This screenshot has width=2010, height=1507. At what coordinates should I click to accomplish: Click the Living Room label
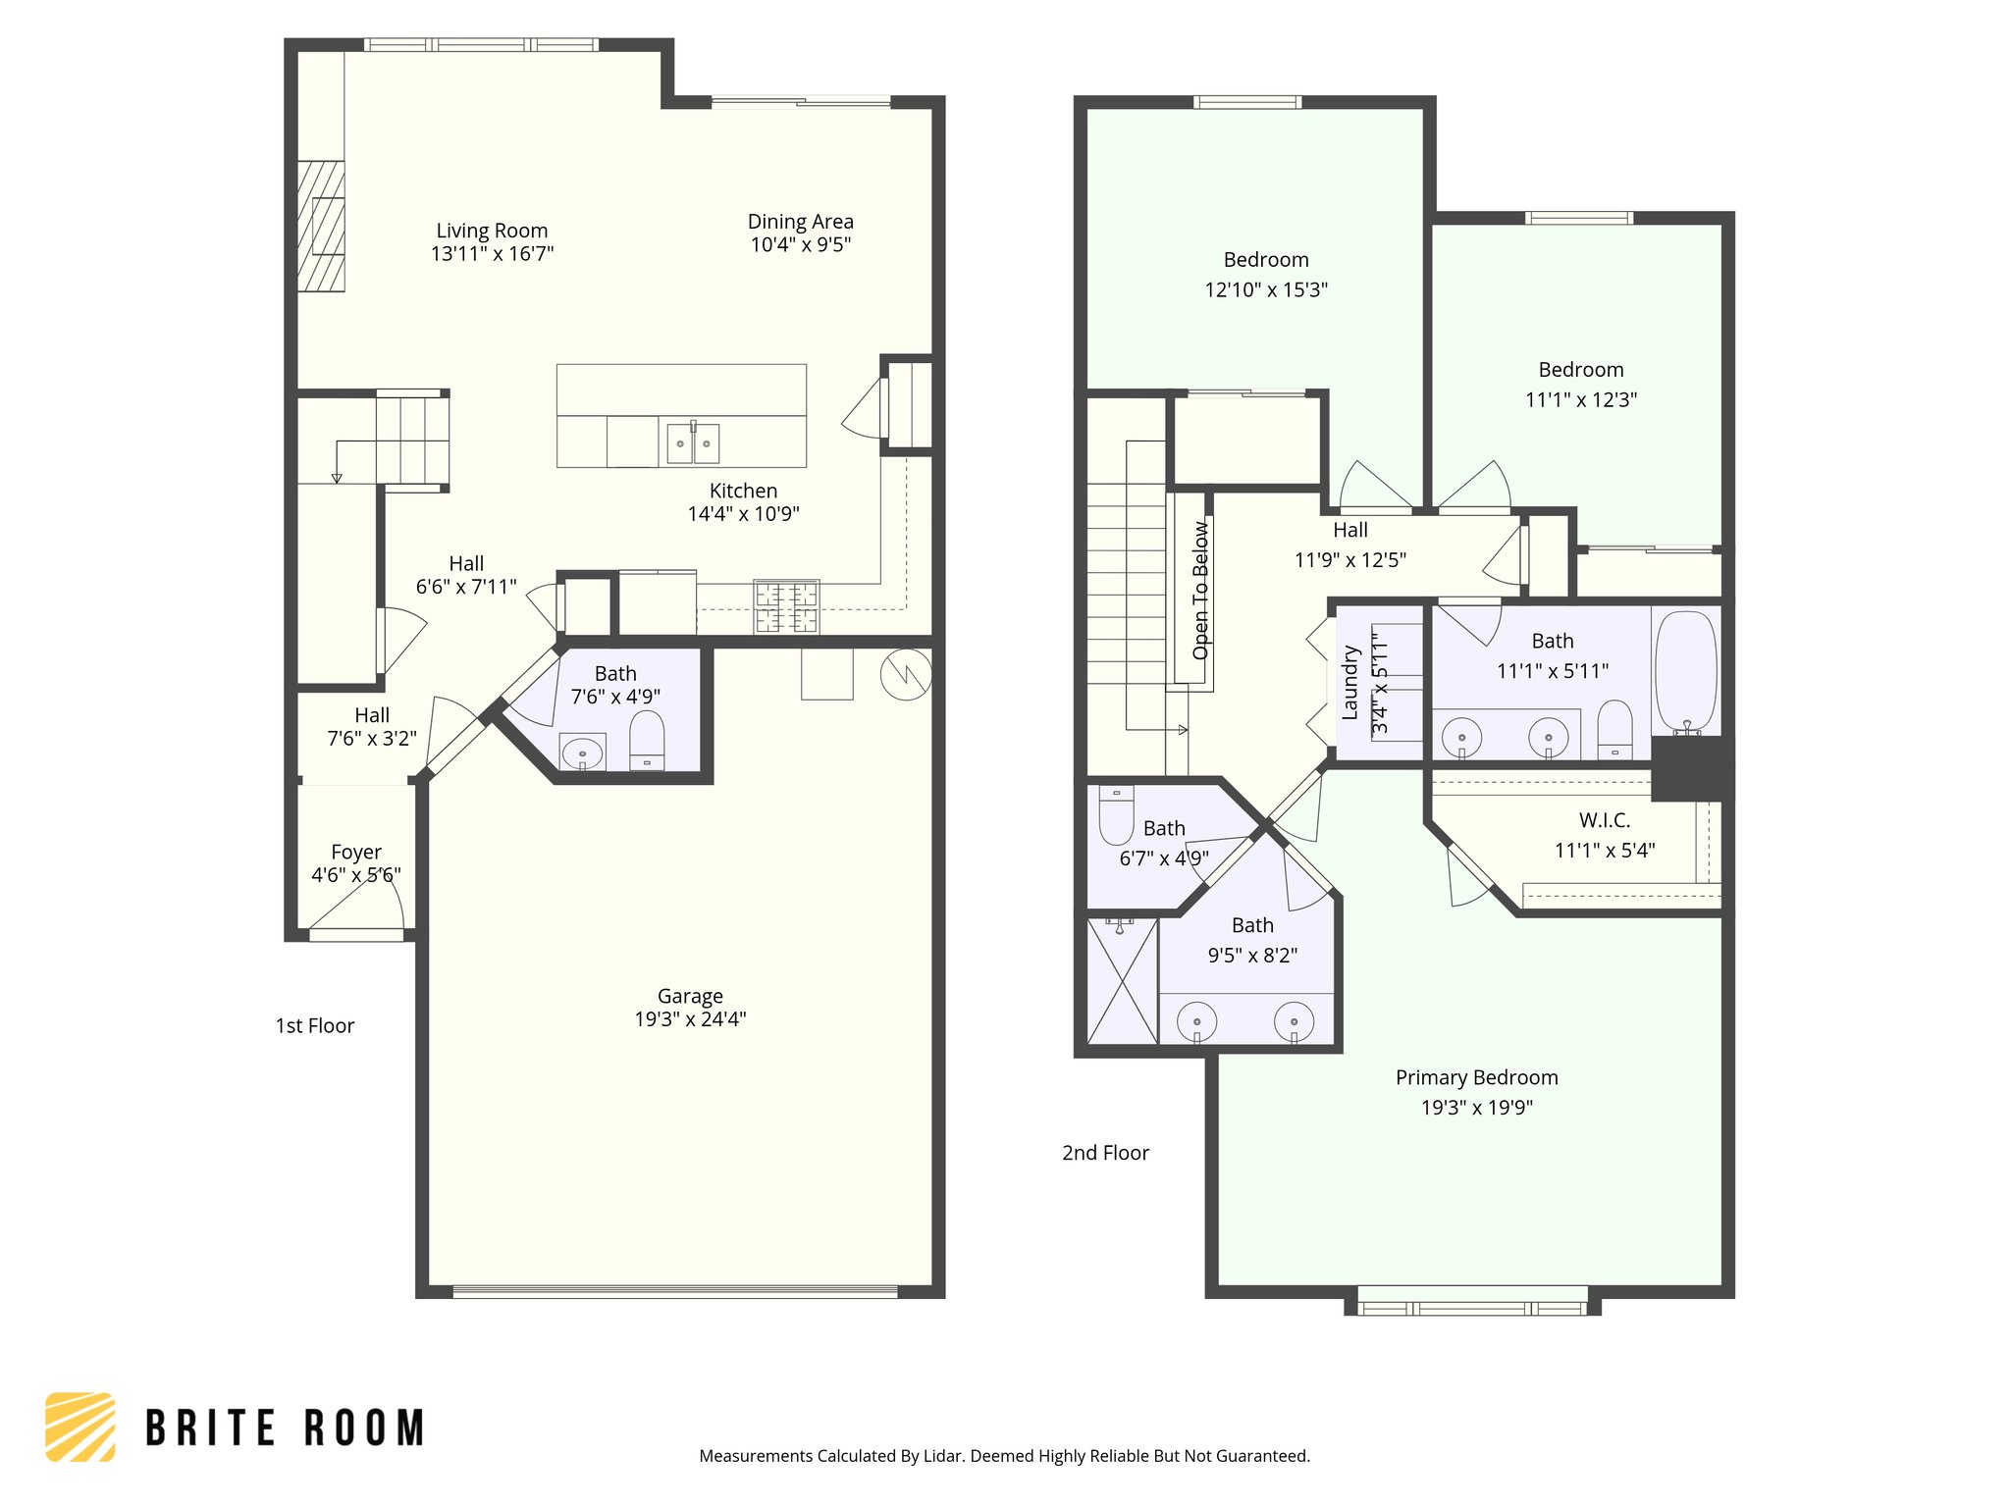click(492, 231)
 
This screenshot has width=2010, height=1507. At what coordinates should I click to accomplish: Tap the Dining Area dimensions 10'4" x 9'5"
click(800, 245)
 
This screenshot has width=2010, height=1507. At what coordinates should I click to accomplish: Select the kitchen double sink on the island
click(693, 443)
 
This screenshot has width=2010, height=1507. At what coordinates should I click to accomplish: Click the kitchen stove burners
click(786, 606)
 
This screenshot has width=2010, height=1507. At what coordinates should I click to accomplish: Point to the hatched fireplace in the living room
click(321, 227)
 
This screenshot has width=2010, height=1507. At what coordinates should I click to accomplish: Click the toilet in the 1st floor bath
click(647, 741)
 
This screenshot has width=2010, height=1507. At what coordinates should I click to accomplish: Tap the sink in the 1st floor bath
click(583, 753)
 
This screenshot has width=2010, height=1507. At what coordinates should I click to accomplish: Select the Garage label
click(690, 996)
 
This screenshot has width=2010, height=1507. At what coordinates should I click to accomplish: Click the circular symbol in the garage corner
click(906, 675)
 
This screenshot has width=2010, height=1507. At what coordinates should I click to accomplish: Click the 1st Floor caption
click(314, 1026)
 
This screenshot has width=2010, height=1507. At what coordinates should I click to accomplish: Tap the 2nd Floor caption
click(1105, 1153)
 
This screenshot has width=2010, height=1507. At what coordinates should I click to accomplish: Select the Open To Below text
click(1200, 590)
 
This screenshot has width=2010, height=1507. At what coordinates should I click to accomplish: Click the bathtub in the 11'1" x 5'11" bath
click(1685, 672)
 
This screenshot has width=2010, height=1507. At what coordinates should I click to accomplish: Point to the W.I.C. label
click(1604, 820)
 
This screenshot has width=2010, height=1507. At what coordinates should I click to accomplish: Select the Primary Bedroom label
click(1476, 1077)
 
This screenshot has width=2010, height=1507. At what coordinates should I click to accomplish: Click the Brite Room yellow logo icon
click(80, 1427)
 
